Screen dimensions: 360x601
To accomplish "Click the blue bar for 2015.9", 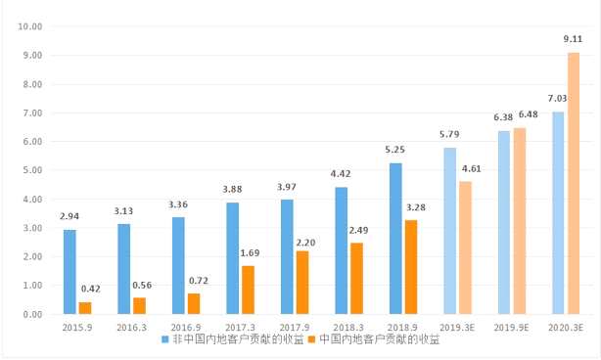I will point(69,272).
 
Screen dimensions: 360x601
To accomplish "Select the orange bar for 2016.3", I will point(139,305).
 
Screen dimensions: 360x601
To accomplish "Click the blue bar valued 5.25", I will point(395,239).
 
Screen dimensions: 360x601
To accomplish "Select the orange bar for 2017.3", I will point(249,290).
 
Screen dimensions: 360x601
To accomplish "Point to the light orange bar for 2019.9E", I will point(519,221).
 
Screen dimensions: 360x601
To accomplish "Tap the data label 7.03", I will point(557,99).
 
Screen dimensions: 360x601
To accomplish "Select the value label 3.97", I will point(287,187).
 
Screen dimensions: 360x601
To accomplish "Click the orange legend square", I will point(312,339).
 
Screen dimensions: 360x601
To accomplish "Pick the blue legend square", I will point(165,339).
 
